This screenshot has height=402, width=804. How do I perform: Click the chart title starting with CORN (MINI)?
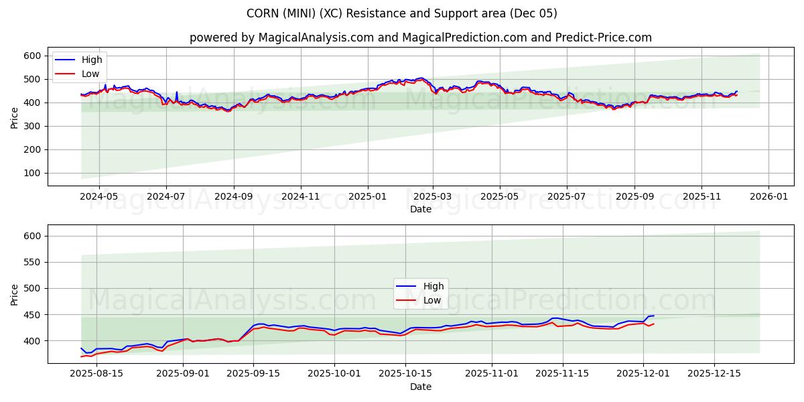pyautogui.click(x=402, y=13)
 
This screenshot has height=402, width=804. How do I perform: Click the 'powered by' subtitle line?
pyautogui.click(x=420, y=38)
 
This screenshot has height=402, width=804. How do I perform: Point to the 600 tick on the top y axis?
pyautogui.click(x=34, y=56)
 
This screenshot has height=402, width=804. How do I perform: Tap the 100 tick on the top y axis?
pyautogui.click(x=34, y=173)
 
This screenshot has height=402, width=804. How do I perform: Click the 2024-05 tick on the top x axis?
pyautogui.click(x=99, y=197)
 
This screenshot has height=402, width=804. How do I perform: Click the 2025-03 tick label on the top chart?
pyautogui.click(x=433, y=197)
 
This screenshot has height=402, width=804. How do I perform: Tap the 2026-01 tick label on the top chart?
pyautogui.click(x=768, y=197)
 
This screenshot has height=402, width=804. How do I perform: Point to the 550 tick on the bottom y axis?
pyautogui.click(x=34, y=262)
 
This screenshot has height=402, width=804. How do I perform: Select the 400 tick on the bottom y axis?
pyautogui.click(x=34, y=341)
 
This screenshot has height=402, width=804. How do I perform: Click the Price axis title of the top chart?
pyautogui.click(x=15, y=117)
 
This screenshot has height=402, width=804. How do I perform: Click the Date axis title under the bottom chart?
pyautogui.click(x=420, y=387)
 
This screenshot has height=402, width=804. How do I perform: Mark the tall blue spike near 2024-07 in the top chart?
pyautogui.click(x=177, y=92)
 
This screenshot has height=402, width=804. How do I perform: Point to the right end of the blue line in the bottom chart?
pyautogui.click(x=653, y=316)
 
